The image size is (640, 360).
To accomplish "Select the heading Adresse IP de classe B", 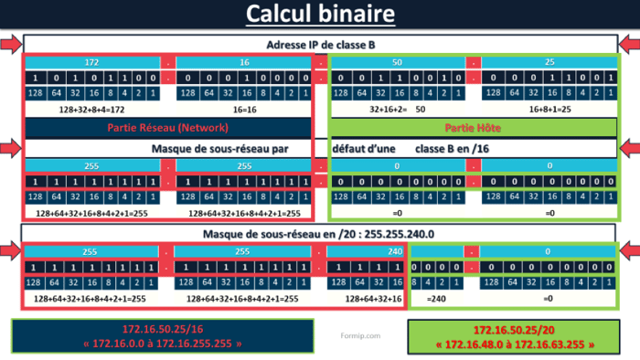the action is click(321, 45).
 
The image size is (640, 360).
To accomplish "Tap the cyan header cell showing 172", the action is click(91, 62).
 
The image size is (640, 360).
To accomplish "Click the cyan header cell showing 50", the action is click(396, 62).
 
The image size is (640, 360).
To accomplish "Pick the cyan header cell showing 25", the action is click(548, 62).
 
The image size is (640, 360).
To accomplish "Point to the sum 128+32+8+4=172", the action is click(91, 108).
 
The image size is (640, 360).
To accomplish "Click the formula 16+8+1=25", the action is click(549, 108).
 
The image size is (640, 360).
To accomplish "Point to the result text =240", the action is click(436, 299).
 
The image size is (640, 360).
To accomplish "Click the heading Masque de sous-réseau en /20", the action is click(320, 234).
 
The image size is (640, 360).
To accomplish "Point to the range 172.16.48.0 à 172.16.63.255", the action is click(514, 344).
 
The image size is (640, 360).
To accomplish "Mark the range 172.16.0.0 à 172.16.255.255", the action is click(162, 344).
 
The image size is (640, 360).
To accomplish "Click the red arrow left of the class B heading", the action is click(9, 45).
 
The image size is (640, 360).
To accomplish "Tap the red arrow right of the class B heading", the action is click(631, 45).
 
